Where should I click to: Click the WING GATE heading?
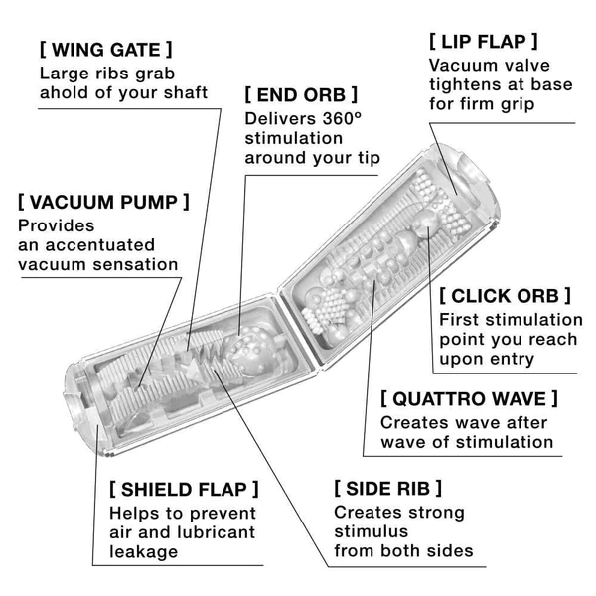(x=106, y=49)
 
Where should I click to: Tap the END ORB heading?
(x=301, y=95)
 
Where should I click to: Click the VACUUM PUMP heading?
(x=103, y=202)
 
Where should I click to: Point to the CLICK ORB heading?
(x=506, y=295)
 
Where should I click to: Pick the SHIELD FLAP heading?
(x=184, y=489)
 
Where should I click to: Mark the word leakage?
(x=145, y=552)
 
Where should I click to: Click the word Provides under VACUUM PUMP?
(x=56, y=225)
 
